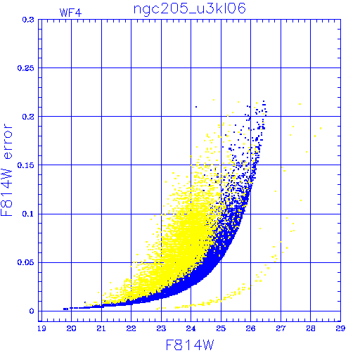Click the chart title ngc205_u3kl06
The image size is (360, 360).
point(190,9)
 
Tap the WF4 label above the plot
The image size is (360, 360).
point(70,13)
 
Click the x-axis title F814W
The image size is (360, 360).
point(190,345)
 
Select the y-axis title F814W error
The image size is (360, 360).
point(6,169)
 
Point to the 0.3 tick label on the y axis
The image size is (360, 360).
point(28,20)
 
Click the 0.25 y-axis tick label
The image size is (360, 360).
point(26,68)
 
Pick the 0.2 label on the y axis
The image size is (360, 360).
point(28,117)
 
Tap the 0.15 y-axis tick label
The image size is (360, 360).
point(26,165)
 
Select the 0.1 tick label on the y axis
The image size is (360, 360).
point(28,214)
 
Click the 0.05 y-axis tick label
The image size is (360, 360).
point(26,262)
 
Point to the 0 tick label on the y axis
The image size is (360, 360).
point(32,311)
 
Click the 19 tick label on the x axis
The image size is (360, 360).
point(41,328)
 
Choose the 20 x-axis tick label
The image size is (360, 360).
point(71,328)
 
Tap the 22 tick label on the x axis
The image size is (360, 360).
point(131,328)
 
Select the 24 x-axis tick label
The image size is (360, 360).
point(191,328)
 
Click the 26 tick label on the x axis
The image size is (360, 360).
point(250,328)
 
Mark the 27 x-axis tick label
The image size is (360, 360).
point(281,328)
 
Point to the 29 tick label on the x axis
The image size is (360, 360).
point(340,328)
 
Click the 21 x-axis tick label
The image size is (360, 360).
point(101,328)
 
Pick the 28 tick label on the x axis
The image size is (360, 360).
point(311,328)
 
